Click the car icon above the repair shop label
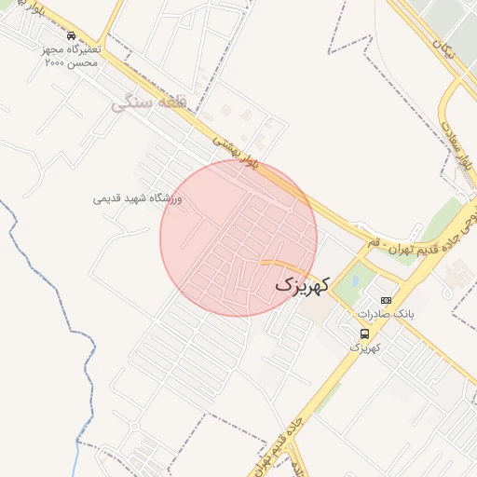[x=72, y=36]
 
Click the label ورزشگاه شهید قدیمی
[x=138, y=199]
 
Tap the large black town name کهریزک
[x=303, y=284]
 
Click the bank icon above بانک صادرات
[x=386, y=301]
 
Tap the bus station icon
[x=364, y=334]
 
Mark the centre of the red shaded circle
[x=238, y=238]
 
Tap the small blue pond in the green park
[x=353, y=277]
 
